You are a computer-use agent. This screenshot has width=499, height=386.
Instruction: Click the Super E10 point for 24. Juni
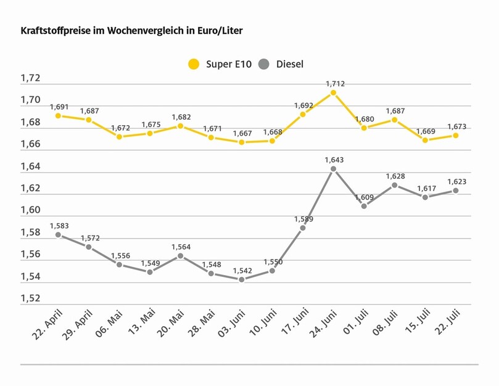(x=333, y=92)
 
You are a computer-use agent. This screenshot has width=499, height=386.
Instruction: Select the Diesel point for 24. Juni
(x=333, y=168)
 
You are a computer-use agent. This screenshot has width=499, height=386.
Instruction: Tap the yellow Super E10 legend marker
(x=194, y=64)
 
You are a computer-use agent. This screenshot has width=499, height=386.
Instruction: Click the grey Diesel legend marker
(x=264, y=64)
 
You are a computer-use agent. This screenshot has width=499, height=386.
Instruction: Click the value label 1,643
(x=333, y=160)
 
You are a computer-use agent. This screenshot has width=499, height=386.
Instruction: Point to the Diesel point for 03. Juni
(x=241, y=279)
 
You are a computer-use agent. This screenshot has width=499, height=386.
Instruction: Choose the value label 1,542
(x=241, y=271)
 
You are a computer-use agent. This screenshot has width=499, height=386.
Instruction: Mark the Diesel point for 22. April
(x=58, y=235)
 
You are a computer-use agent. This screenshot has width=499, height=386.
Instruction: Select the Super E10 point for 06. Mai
(x=119, y=136)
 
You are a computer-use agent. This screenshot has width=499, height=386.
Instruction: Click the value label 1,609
(x=364, y=197)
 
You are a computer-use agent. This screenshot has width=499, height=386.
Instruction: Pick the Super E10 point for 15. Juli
(x=425, y=140)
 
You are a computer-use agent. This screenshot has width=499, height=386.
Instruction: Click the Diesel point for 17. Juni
(x=303, y=228)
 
